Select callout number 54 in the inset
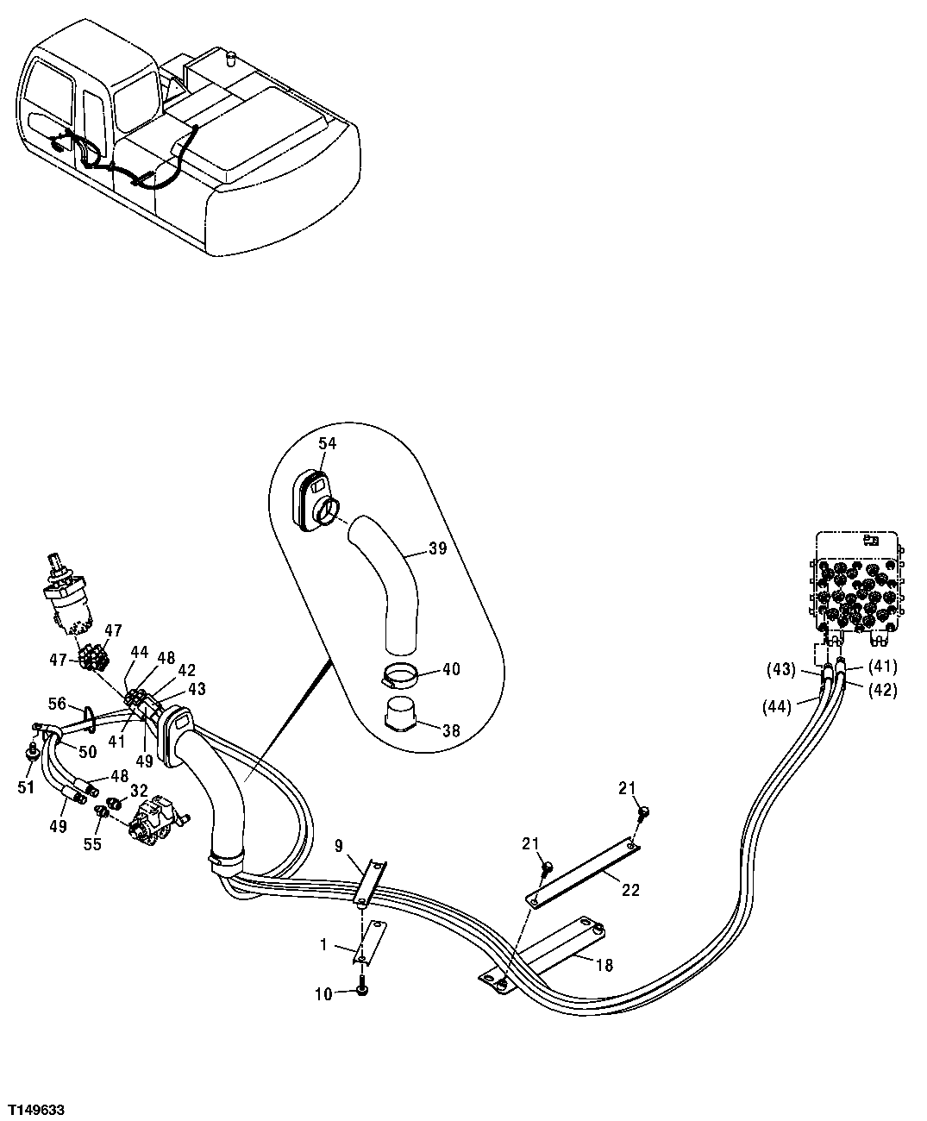(327, 442)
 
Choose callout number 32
(139, 790)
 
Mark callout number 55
(92, 844)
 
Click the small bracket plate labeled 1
(370, 942)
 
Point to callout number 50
(87, 753)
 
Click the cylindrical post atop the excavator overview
(229, 59)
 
